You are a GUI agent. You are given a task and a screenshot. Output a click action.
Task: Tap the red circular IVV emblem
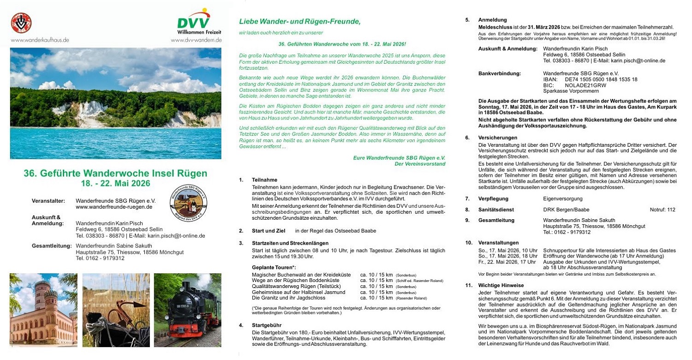coord(21,23)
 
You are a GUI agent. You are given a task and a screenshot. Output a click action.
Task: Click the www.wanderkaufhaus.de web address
coord(40,40)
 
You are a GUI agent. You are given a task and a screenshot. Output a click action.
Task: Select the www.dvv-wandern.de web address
coord(196,40)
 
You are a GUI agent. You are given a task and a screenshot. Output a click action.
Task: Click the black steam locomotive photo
coord(187,310)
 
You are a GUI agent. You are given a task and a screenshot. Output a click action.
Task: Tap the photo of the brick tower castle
coord(43,310)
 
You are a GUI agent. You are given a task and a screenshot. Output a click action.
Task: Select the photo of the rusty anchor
coord(116,310)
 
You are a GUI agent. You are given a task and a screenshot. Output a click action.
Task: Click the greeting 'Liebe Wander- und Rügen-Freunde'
coord(299,22)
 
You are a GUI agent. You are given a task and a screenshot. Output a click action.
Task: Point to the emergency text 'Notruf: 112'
coord(662,210)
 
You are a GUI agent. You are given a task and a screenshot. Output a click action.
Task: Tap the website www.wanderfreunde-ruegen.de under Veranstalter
coord(114,207)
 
